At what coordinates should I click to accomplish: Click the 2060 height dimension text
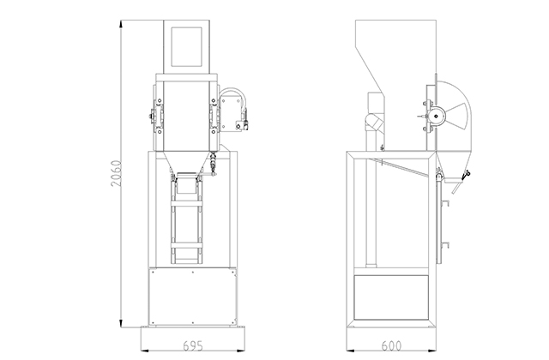[x=117, y=173]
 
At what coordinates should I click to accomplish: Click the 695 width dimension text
[x=193, y=346]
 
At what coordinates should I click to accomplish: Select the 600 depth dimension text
[x=391, y=346]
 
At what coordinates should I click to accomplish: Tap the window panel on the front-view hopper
[x=186, y=46]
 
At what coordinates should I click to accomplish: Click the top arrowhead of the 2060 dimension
[x=121, y=24]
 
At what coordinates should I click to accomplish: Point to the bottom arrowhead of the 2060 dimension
[x=121, y=324]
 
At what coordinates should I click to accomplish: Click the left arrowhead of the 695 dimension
[x=145, y=350]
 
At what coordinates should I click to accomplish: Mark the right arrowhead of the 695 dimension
[x=240, y=350]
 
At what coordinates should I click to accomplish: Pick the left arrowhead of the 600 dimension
[x=350, y=350]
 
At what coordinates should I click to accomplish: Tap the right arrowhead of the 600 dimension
[x=432, y=350]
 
